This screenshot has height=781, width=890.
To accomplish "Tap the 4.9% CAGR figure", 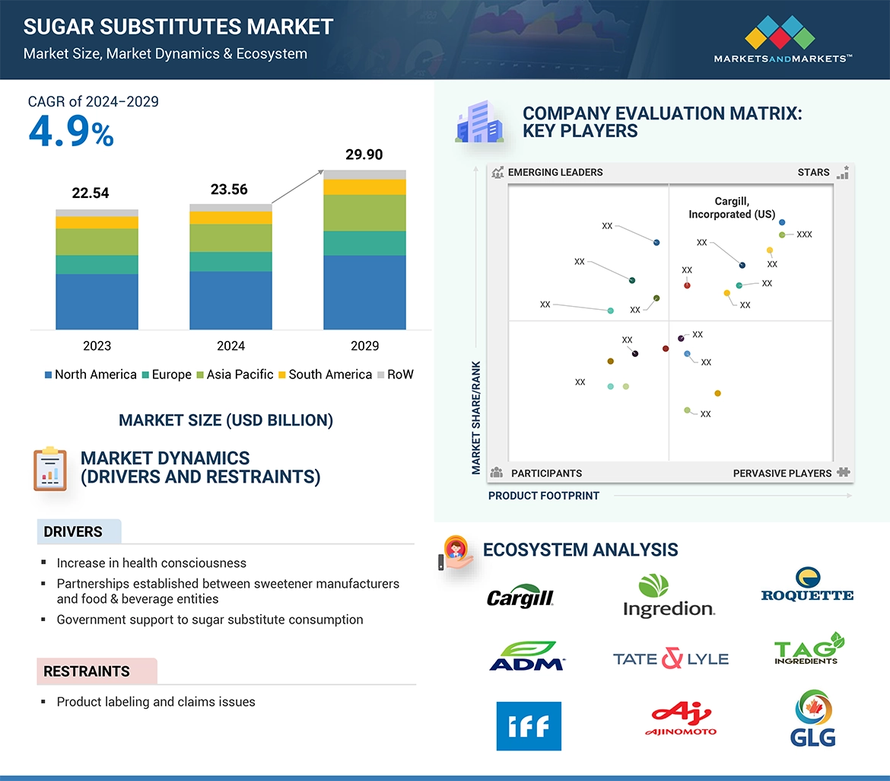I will [71, 132].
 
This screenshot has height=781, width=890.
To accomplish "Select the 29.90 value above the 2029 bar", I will [364, 155].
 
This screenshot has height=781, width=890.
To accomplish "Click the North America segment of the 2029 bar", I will [364, 292].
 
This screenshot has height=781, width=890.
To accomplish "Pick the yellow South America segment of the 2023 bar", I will [97, 222].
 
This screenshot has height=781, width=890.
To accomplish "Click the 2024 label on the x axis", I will [230, 346].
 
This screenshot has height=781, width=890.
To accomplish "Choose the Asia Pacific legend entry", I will [235, 375].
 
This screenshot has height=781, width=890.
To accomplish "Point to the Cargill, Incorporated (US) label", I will [732, 208].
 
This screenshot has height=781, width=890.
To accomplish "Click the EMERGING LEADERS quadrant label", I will [555, 173].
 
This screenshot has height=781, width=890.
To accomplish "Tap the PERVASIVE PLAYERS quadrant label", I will [782, 473].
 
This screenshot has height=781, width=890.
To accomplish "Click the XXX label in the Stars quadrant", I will [804, 234].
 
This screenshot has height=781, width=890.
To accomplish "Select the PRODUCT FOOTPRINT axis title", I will [544, 496].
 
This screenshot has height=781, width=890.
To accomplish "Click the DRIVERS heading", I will [73, 532].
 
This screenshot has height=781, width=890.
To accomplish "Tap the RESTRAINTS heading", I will [87, 671].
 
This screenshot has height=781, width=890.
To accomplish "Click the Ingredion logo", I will [669, 595].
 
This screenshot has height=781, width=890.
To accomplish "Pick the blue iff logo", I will [528, 726].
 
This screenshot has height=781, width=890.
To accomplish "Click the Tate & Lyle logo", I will [670, 658].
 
